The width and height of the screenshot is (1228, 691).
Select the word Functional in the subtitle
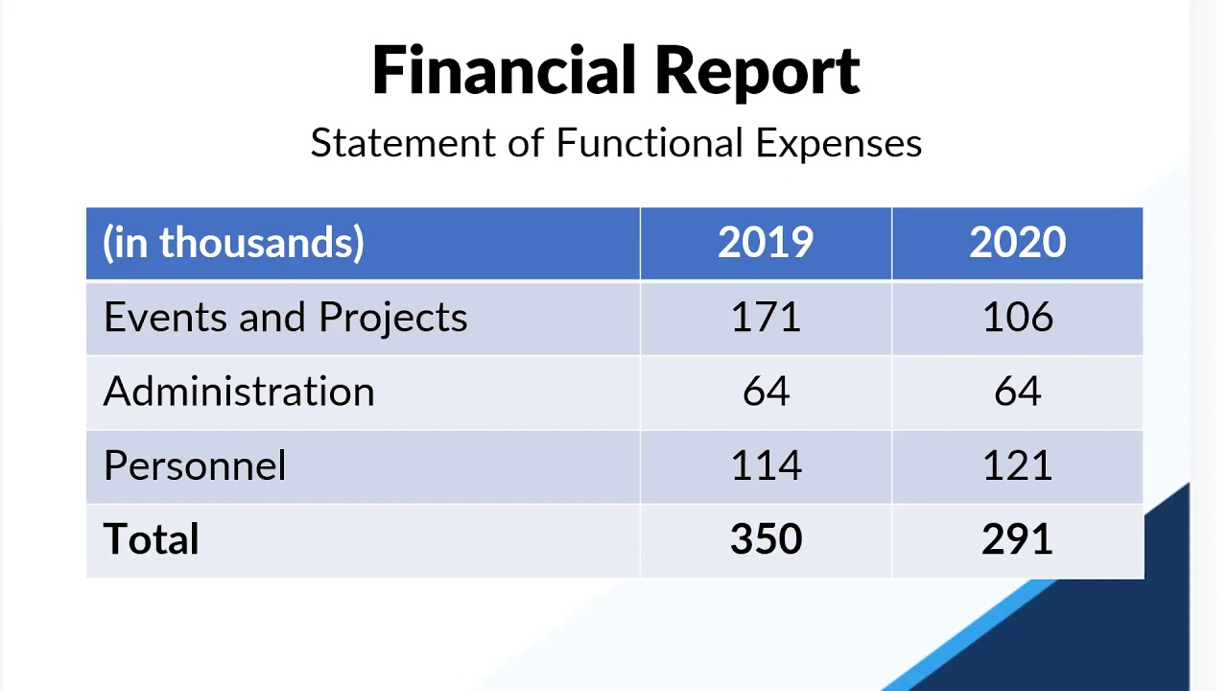[x=649, y=143]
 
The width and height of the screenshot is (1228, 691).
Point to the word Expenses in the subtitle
[x=838, y=143]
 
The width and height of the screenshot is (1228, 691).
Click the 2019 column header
[x=766, y=243]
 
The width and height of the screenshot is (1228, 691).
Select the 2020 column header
[x=1017, y=243]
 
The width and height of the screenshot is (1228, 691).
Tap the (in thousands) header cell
[x=234, y=243]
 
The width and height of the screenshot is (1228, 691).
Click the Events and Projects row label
[x=285, y=318]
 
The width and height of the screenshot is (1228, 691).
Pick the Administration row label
[x=239, y=392]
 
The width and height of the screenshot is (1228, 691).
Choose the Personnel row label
[x=195, y=465]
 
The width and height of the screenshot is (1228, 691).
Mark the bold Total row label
[x=152, y=539]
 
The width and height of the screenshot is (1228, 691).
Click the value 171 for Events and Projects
[x=766, y=318]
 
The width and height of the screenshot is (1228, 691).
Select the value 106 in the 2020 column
[x=1017, y=318]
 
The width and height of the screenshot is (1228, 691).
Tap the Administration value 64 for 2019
[x=766, y=392]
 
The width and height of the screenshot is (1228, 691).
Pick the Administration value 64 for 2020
[x=1017, y=392]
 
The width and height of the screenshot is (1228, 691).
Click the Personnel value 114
[x=766, y=465]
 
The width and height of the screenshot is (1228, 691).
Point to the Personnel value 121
[x=1017, y=465]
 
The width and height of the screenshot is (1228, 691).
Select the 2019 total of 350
[x=766, y=539]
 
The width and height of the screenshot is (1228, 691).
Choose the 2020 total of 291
[x=1017, y=539]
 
